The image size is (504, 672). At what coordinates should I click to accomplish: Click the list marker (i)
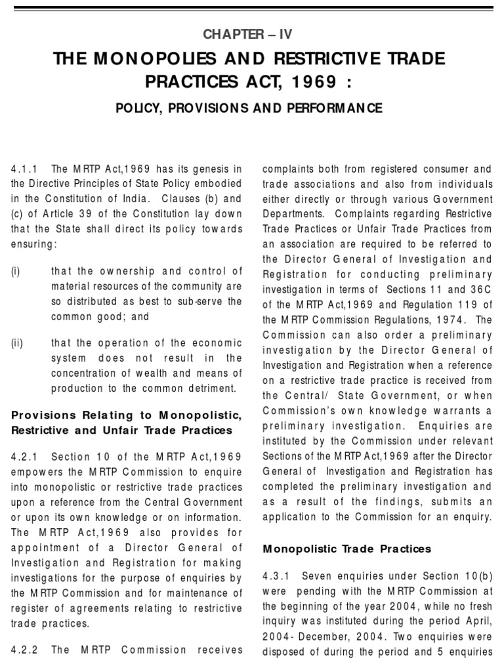pyautogui.click(x=15, y=272)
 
